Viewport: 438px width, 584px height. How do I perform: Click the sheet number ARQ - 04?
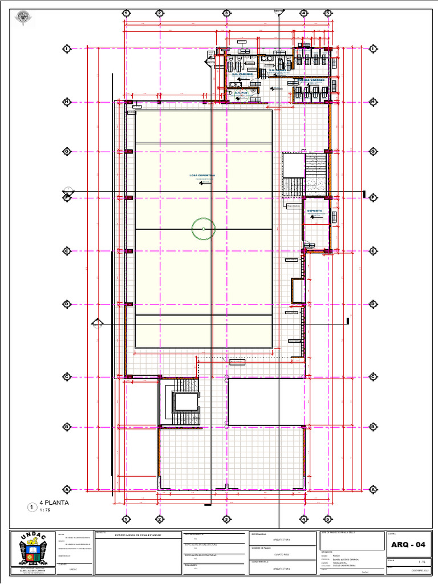[408, 545]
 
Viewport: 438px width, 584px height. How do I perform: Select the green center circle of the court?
[204, 229]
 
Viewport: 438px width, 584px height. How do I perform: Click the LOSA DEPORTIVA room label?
[202, 176]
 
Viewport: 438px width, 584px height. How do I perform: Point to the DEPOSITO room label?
[315, 210]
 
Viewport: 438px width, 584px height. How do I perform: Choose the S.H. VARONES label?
[242, 74]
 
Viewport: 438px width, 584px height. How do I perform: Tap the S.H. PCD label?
[241, 92]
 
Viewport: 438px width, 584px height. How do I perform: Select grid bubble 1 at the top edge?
[126, 13]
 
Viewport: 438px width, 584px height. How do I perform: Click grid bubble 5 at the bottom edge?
[328, 519]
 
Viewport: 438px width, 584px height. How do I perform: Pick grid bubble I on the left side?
[67, 50]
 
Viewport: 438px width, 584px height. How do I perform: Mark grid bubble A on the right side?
[374, 489]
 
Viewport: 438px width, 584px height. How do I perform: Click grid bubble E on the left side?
[67, 251]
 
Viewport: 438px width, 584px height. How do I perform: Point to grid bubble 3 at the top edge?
[226, 13]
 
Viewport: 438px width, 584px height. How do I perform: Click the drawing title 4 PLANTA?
[54, 503]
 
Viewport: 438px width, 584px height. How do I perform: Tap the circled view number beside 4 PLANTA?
[32, 506]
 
